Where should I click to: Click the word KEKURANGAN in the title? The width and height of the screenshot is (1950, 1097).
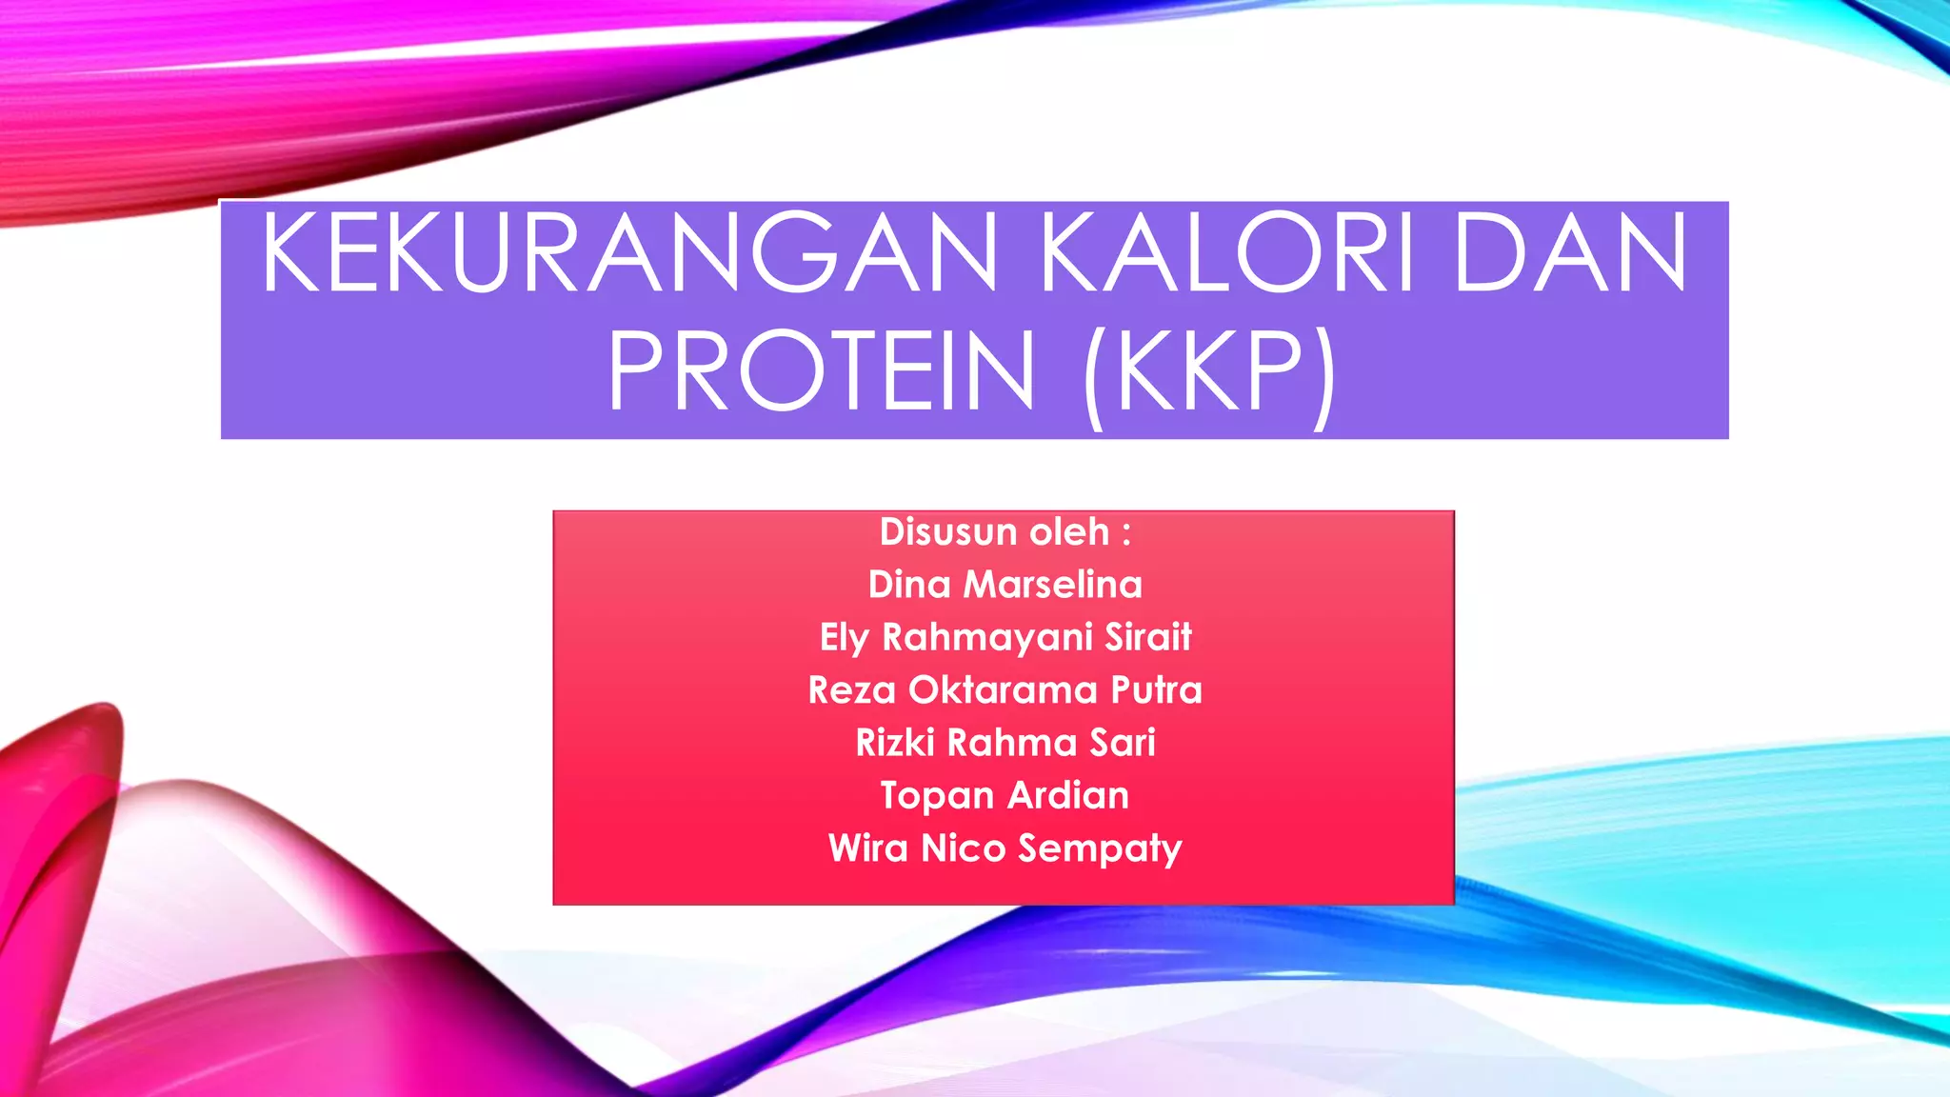628,254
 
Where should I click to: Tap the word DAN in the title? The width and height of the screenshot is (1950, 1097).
1571,254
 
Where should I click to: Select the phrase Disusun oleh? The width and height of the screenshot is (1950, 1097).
994,532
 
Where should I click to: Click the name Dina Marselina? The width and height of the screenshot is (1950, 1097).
1005,585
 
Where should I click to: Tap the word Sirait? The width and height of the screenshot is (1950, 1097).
1147,637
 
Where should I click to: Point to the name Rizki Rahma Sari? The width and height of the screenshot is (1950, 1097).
1005,743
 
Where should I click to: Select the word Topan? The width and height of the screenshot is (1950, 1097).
937,796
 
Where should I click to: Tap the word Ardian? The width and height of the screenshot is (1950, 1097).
1068,795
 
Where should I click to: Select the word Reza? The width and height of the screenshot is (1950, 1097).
851,690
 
